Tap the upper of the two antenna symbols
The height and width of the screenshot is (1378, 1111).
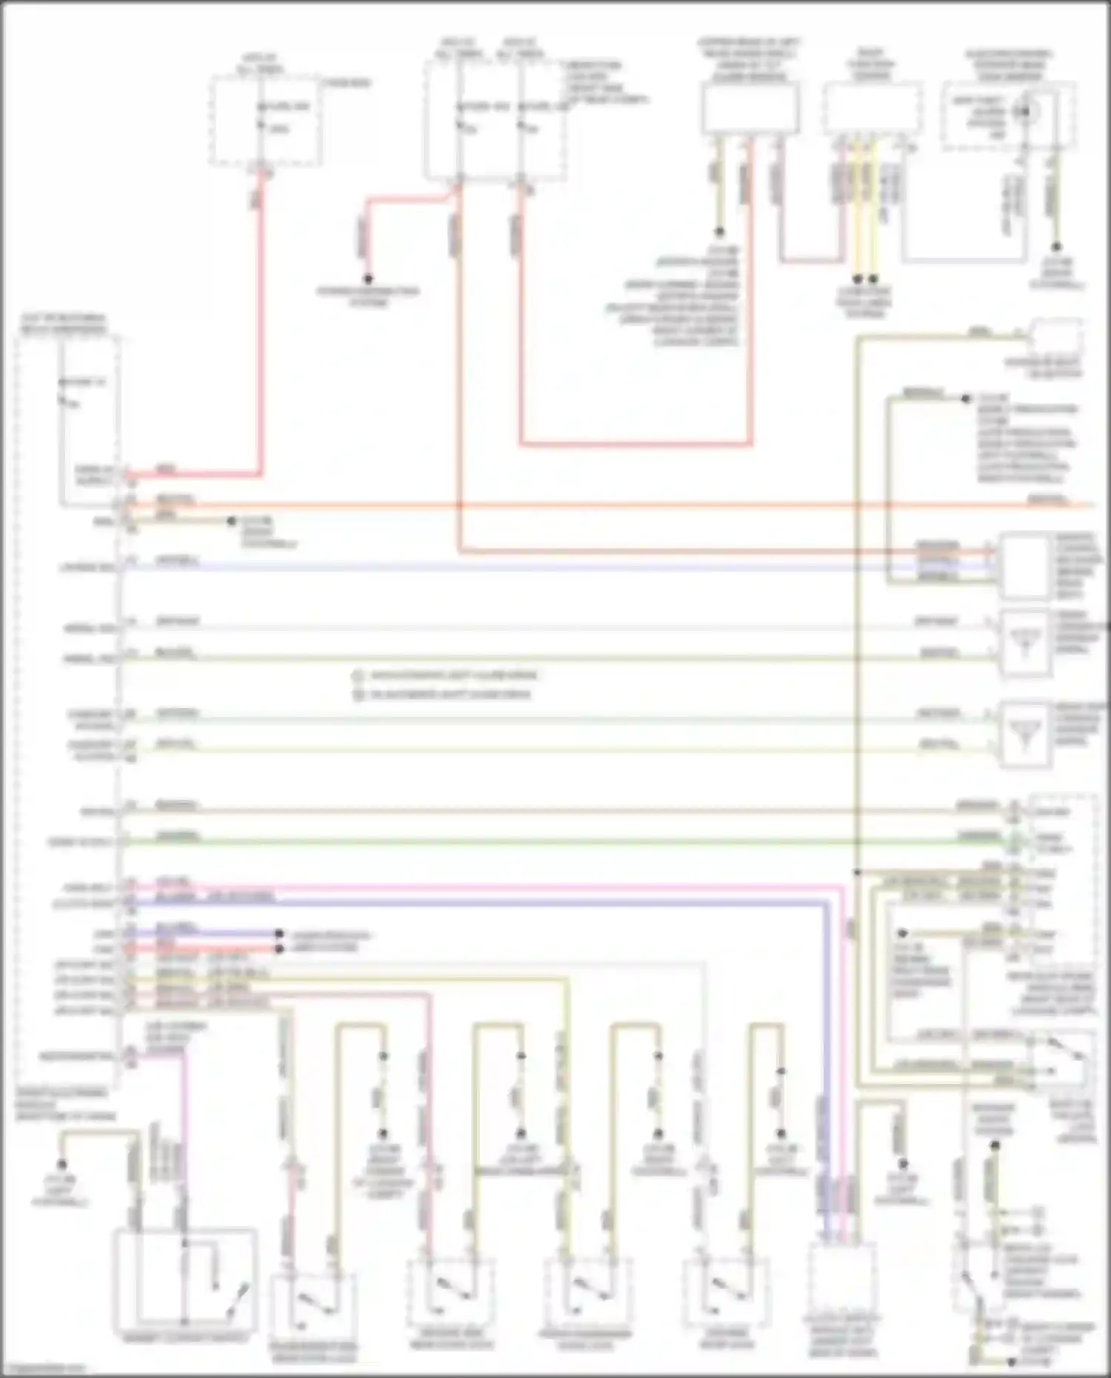coord(1025,642)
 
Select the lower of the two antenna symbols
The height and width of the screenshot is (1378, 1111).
coord(1025,733)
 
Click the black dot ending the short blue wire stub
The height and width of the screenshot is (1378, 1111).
coord(279,934)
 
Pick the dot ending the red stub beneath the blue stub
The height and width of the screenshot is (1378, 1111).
coord(279,949)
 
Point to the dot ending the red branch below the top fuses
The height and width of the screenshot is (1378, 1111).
coord(368,279)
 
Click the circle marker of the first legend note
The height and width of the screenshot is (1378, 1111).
coord(358,676)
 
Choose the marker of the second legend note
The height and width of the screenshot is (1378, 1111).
coord(358,695)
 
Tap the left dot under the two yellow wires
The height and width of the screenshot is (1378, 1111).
coord(857,280)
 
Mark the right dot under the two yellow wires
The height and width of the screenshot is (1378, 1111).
coord(873,280)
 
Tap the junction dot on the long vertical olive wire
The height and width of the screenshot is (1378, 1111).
coord(857,873)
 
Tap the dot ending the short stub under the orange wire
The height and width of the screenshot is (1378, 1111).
coord(231,521)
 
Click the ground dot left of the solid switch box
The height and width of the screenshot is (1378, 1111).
coord(62,1164)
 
